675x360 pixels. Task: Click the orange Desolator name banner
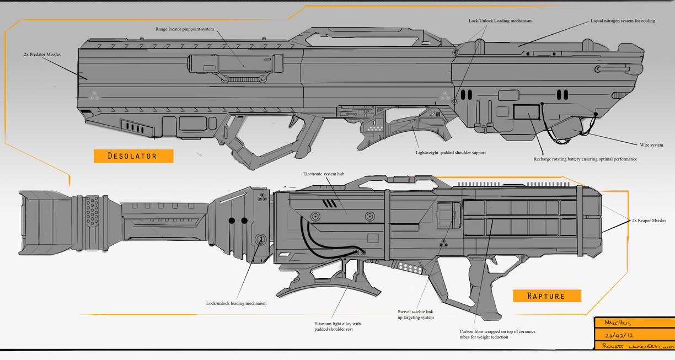pyautogui.click(x=133, y=156)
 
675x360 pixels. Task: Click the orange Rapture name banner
pyautogui.click(x=547, y=296)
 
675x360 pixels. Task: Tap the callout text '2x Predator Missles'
pyautogui.click(x=42, y=55)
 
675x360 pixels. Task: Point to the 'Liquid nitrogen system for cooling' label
pyautogui.click(x=623, y=21)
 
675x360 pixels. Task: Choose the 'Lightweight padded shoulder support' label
pyautogui.click(x=451, y=152)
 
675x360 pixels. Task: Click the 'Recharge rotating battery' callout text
pyautogui.click(x=585, y=159)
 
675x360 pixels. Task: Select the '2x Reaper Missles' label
pyautogui.click(x=649, y=221)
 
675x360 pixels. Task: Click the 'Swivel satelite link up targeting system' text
pyautogui.click(x=416, y=314)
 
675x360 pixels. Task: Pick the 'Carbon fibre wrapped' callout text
pyautogui.click(x=497, y=334)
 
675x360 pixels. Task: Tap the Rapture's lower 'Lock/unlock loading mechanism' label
pyautogui.click(x=236, y=303)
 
